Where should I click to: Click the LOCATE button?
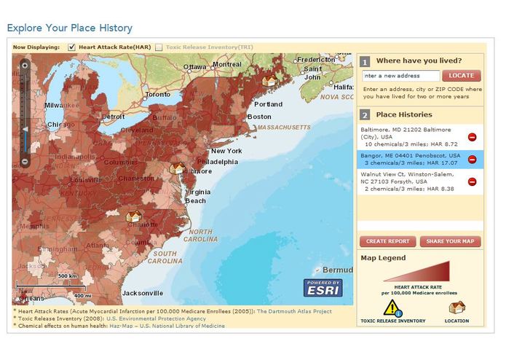pyautogui.click(x=461, y=75)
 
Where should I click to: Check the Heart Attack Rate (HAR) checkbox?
pyautogui.click(x=71, y=47)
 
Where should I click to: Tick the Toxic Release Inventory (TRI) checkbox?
pyautogui.click(x=159, y=47)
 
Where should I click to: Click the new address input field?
pyautogui.click(x=401, y=75)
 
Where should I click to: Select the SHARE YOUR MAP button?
pyautogui.click(x=450, y=241)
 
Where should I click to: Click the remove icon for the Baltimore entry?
pyautogui.click(x=472, y=136)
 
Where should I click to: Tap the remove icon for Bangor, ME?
pyautogui.click(x=472, y=159)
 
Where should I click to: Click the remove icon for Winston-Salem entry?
pyautogui.click(x=472, y=181)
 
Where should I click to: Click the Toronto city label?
pyautogui.click(x=158, y=95)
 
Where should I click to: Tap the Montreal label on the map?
pyautogui.click(x=226, y=64)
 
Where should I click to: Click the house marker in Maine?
pyautogui.click(x=269, y=81)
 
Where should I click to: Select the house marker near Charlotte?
pyautogui.click(x=133, y=216)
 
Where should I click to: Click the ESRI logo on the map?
pyautogui.click(x=322, y=289)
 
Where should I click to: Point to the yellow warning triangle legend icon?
pyautogui.click(x=392, y=307)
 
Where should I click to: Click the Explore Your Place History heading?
pyautogui.click(x=69, y=28)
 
